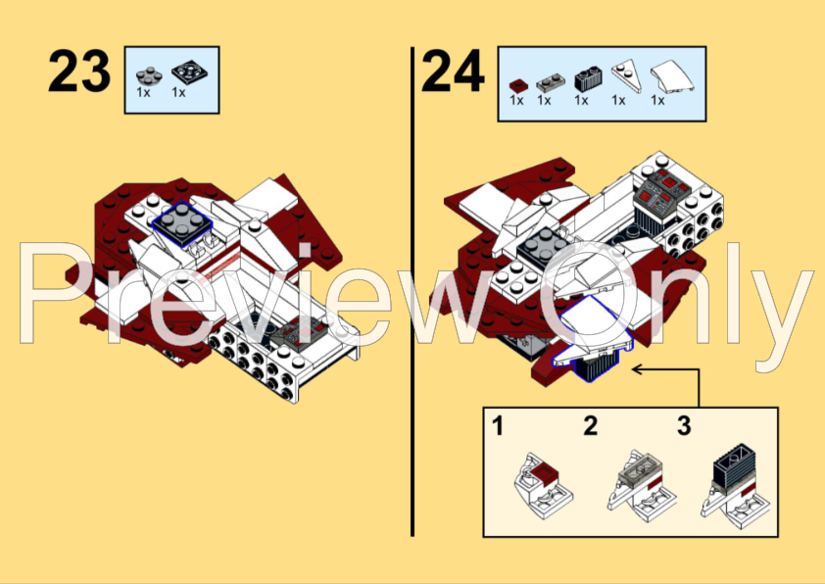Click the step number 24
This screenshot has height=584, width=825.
[x=452, y=72]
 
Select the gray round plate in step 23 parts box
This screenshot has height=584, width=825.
[x=148, y=73]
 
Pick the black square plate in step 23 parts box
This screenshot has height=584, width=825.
[x=183, y=73]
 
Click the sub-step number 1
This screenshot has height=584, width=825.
[x=498, y=426]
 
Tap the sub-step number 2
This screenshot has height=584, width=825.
[x=590, y=426]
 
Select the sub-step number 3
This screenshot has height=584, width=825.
[x=683, y=426]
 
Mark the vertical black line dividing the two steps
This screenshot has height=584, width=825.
[x=412, y=294]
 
